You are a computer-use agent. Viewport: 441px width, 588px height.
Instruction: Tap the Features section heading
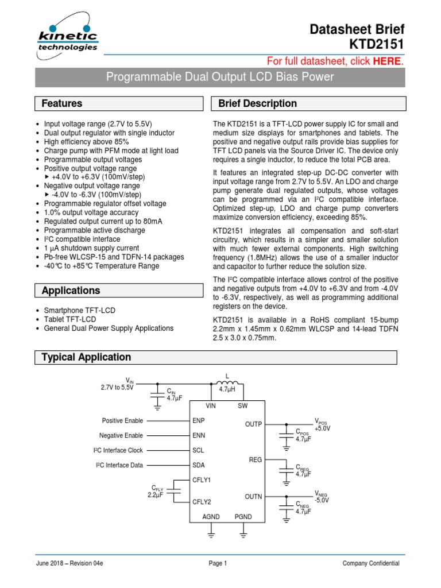62,104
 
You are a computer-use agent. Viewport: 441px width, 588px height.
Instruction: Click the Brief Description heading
258,104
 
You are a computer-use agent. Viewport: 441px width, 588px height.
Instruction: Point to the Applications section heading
71,291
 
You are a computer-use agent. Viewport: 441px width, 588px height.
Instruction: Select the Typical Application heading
86,357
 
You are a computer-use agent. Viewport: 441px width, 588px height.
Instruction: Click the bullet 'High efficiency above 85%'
86,142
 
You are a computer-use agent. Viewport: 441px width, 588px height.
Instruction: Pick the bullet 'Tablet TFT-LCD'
70,319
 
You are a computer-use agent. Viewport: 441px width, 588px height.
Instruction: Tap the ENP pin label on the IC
199,421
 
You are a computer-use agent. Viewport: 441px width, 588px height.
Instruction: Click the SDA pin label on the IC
199,465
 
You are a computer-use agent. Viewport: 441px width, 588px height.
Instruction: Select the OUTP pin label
253,424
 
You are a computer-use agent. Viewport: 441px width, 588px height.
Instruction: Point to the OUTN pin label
253,496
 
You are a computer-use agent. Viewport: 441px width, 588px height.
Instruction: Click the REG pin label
256,460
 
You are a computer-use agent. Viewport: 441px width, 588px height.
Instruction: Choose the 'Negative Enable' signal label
121,436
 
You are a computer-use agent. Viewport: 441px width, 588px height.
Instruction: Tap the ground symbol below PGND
243,535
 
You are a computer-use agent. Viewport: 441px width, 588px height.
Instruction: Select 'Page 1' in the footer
218,564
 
